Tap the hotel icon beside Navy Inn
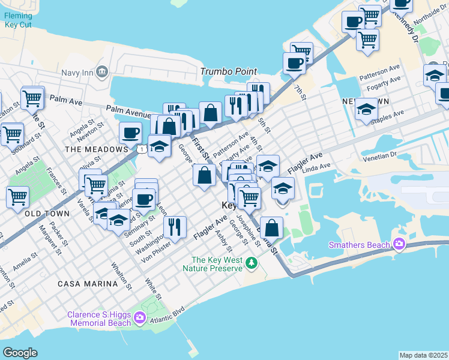[x=101, y=73]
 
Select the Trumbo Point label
[x=229, y=71]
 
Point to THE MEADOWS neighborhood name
[x=89, y=149]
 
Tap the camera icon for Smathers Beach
[x=399, y=244]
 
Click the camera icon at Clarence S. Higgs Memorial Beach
[x=140, y=317]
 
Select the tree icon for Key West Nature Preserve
[x=252, y=263]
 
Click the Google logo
[x=20, y=352]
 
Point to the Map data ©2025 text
[x=424, y=355]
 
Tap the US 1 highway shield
[x=140, y=148]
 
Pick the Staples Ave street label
[x=389, y=113]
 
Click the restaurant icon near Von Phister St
[x=175, y=227]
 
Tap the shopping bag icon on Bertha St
[x=271, y=228]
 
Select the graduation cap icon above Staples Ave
[x=366, y=109]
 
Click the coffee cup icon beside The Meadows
[x=130, y=133]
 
